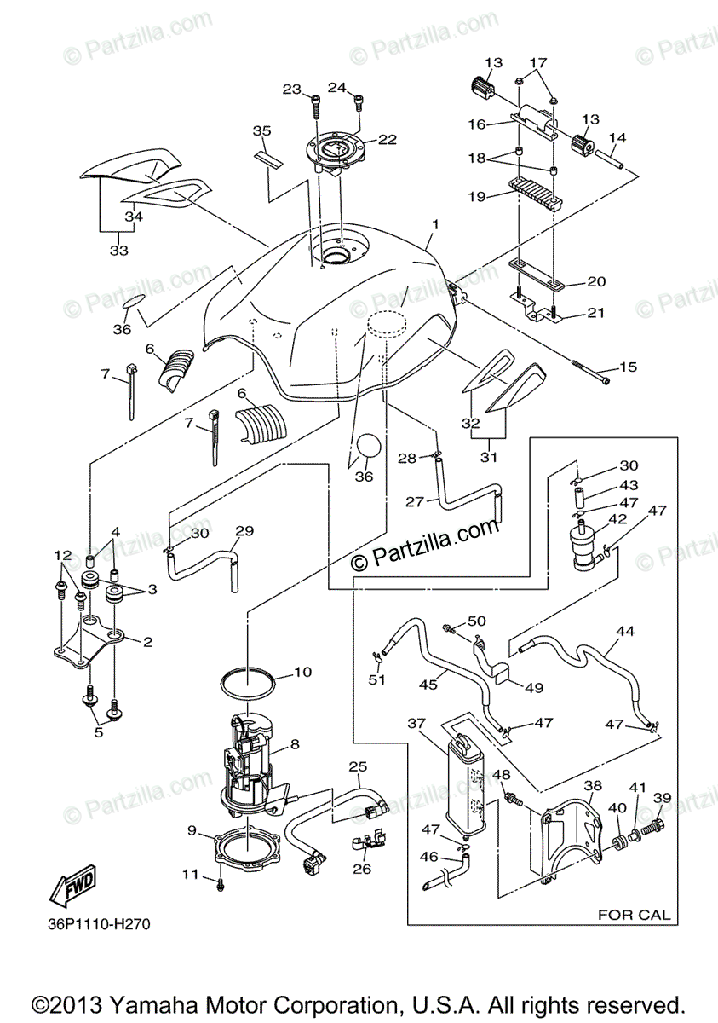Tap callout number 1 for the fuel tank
pos(434,224)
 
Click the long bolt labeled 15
pos(589,372)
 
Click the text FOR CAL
pos(634,915)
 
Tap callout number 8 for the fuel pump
pos(295,744)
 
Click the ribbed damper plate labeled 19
pos(537,192)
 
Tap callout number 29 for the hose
pos(244,532)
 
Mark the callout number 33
pos(118,251)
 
